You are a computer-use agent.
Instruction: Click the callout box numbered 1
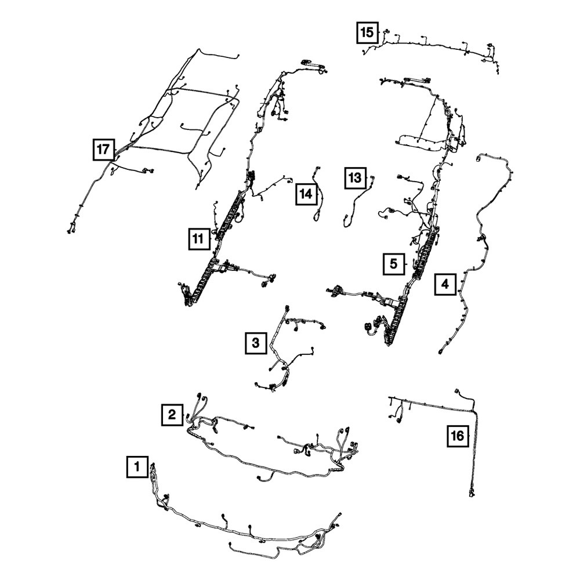(137, 466)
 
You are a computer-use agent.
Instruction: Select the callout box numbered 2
(172, 415)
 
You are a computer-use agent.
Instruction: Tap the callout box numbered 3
(256, 343)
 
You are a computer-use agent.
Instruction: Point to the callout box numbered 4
(445, 284)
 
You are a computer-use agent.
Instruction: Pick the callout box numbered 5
(394, 264)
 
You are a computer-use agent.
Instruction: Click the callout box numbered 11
(198, 239)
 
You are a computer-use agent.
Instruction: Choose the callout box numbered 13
(355, 178)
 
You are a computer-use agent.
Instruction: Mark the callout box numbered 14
(306, 194)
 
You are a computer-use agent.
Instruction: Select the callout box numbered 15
(367, 32)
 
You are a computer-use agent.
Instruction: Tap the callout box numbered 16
(458, 436)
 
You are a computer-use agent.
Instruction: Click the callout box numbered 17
(104, 150)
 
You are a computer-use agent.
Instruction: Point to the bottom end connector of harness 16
(472, 492)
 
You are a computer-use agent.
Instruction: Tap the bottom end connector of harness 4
(441, 351)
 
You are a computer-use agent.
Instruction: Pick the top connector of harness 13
(372, 178)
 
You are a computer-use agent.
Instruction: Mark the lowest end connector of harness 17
(70, 230)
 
